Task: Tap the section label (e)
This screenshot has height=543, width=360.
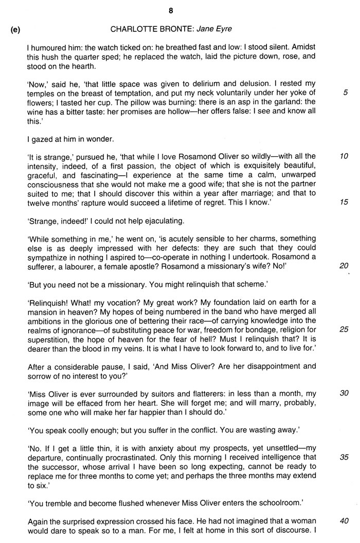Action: [15, 29]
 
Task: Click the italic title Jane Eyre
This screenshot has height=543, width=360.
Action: [218, 29]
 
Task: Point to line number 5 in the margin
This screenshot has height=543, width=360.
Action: [345, 93]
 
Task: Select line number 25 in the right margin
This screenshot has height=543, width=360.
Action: [344, 329]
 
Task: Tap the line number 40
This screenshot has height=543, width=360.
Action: [344, 520]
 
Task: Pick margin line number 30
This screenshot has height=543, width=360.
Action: [344, 393]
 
